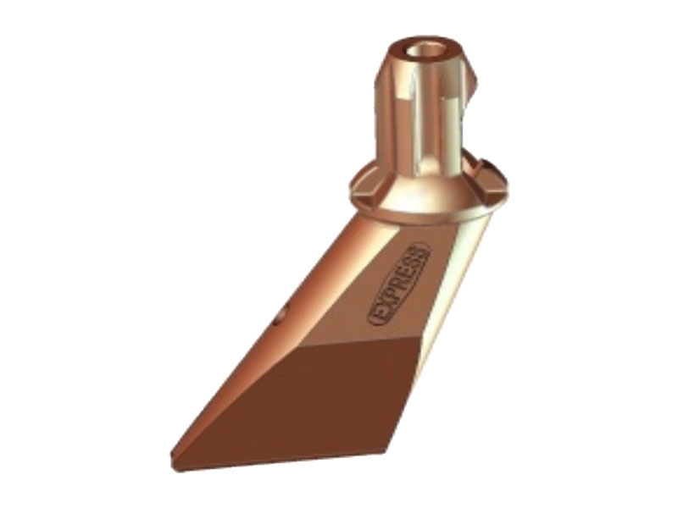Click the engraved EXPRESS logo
click(398, 284)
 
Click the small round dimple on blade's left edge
click(281, 313)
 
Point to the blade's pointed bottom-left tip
click(173, 455)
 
